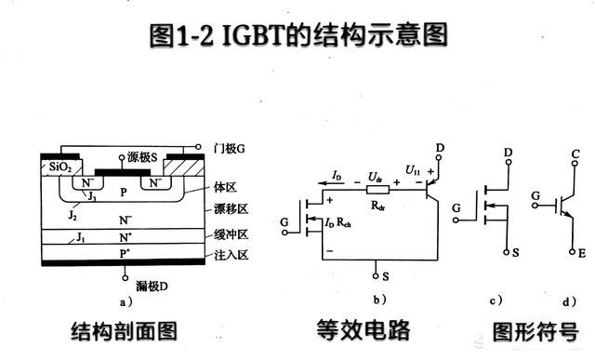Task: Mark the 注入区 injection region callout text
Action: pyautogui.click(x=231, y=254)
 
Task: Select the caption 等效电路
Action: pyautogui.click(x=363, y=330)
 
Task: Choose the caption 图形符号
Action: pyautogui.click(x=535, y=330)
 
